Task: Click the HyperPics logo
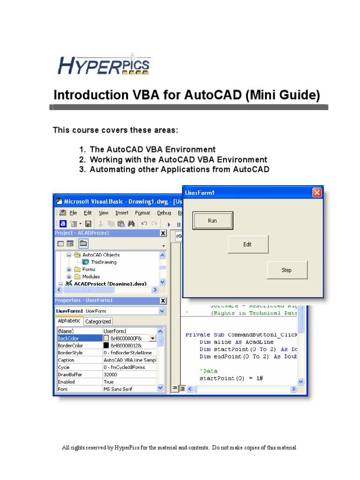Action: [x=104, y=66]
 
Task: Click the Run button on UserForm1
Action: [x=212, y=221]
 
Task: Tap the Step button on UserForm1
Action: [x=287, y=270]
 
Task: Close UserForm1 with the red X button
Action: [x=317, y=193]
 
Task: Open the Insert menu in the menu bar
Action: [x=122, y=213]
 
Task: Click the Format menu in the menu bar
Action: [x=142, y=213]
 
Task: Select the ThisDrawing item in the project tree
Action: [x=104, y=262]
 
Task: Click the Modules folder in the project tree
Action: [x=91, y=277]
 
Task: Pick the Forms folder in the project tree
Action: [x=89, y=270]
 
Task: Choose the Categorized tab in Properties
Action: [x=98, y=322]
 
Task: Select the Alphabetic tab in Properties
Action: [x=68, y=321]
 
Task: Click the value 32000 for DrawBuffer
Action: [x=111, y=375]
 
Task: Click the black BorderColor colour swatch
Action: [x=106, y=345]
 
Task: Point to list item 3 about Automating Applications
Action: [x=179, y=169]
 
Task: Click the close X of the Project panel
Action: [x=163, y=233]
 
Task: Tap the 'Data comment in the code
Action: [x=209, y=371]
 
